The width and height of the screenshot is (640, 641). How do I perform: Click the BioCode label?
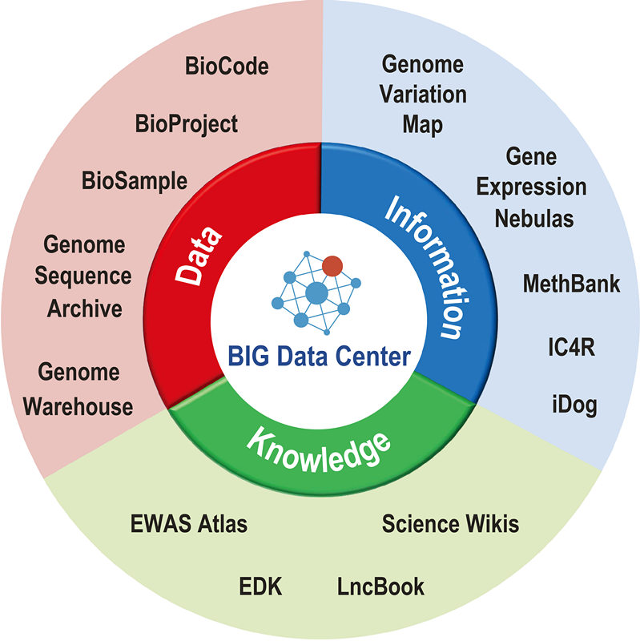[227, 66]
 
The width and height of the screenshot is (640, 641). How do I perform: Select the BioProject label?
[187, 124]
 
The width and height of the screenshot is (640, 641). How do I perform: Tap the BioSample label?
[134, 180]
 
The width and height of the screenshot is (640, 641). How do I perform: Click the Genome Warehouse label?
[78, 389]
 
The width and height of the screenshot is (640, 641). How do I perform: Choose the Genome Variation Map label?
[423, 95]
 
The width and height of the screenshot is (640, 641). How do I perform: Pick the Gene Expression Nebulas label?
[533, 187]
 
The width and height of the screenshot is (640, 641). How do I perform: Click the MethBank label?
[571, 284]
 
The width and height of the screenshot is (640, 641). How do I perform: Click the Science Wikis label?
[450, 525]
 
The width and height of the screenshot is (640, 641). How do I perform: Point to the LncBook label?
[380, 587]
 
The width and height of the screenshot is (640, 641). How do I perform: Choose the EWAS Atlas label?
[189, 525]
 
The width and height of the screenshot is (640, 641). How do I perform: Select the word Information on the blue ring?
[425, 264]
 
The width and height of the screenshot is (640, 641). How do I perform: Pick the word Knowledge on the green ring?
[320, 449]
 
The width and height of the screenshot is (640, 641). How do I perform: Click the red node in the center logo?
[332, 265]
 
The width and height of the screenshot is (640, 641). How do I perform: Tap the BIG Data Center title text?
[318, 355]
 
